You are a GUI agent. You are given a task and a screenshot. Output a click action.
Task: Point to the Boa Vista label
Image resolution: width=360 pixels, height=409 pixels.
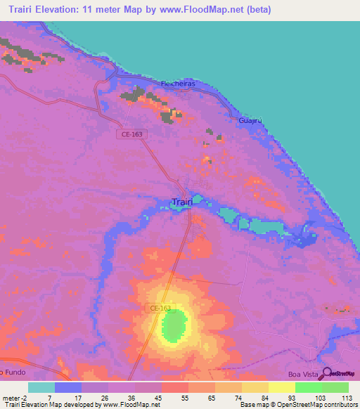pyautogui.click(x=303, y=375)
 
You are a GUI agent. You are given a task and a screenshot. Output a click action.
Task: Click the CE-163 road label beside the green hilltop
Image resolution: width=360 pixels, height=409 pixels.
pyautogui.click(x=161, y=308)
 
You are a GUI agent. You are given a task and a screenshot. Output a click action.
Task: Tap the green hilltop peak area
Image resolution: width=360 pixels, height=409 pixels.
pyautogui.click(x=174, y=326)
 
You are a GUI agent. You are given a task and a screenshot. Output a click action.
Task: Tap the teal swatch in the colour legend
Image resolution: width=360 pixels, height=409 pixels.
pyautogui.click(x=41, y=387)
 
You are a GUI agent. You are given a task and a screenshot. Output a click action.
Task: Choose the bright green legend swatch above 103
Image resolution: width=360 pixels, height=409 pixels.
pyautogui.click(x=308, y=387)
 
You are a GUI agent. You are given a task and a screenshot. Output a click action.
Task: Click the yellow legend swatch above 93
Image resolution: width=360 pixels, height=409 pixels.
pyautogui.click(x=281, y=387)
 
